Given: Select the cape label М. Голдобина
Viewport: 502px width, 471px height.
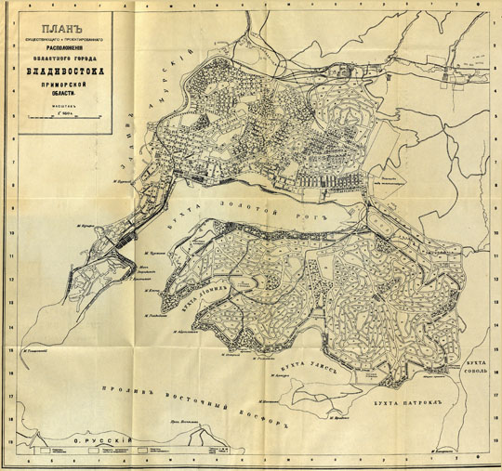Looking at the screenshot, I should (x=159, y=315).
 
